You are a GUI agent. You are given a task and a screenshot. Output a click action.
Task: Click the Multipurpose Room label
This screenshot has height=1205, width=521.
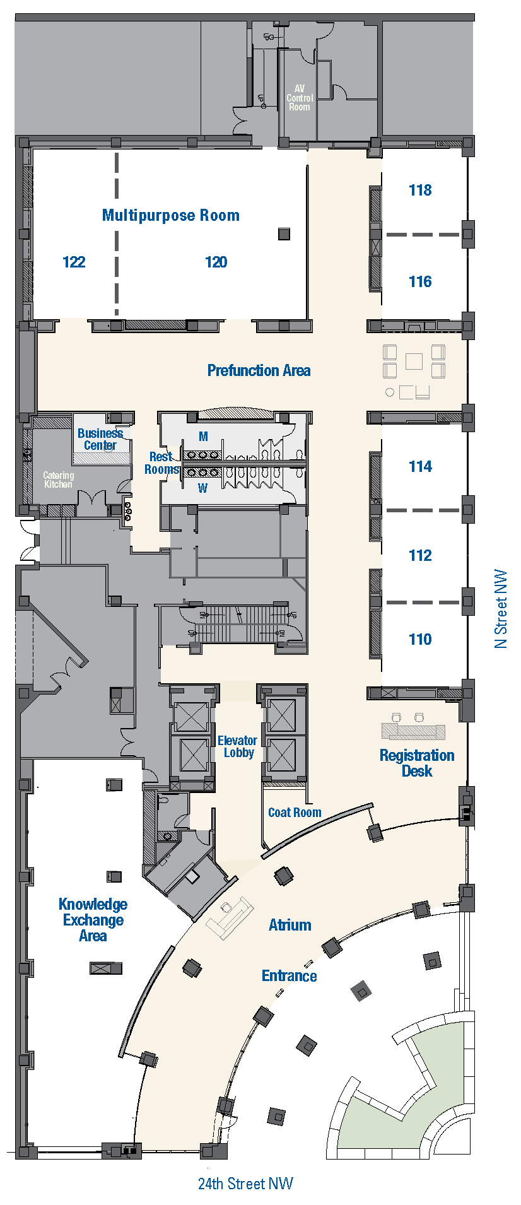171,216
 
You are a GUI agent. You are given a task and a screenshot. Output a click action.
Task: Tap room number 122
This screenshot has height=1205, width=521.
74,262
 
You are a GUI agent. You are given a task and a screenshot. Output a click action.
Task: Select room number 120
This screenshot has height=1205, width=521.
216,262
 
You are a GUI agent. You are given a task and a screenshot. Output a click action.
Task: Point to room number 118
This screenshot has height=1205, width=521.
420,191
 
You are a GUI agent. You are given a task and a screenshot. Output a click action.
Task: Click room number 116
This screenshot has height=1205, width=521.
420,282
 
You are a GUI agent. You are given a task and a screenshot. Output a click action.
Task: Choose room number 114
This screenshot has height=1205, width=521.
420,467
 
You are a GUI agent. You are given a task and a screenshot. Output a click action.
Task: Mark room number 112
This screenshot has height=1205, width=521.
420,556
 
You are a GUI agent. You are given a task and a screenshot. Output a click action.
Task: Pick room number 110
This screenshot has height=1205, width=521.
420,640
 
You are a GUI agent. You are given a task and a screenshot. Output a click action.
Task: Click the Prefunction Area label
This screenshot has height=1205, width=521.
259,371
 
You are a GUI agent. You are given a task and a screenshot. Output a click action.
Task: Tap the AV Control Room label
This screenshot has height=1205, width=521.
300,98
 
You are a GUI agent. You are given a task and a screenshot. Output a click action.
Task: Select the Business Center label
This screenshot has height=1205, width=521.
100,439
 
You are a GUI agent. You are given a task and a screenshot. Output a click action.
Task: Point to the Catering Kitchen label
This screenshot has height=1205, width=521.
58,480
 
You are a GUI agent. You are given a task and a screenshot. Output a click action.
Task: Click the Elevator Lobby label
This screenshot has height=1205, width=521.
237,746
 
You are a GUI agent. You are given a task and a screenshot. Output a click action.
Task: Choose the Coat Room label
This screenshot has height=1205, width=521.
295,813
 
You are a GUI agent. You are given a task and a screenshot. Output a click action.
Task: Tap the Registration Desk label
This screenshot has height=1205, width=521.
417,763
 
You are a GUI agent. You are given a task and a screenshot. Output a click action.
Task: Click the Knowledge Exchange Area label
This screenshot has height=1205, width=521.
93,920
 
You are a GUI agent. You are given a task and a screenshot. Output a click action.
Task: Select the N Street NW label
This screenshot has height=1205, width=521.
501,609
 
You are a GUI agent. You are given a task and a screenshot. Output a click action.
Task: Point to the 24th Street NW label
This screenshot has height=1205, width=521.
245,1184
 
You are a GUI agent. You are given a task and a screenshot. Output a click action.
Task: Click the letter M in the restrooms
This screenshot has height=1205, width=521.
203,437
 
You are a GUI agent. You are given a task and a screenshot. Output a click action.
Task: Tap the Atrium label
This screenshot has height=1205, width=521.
290,926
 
